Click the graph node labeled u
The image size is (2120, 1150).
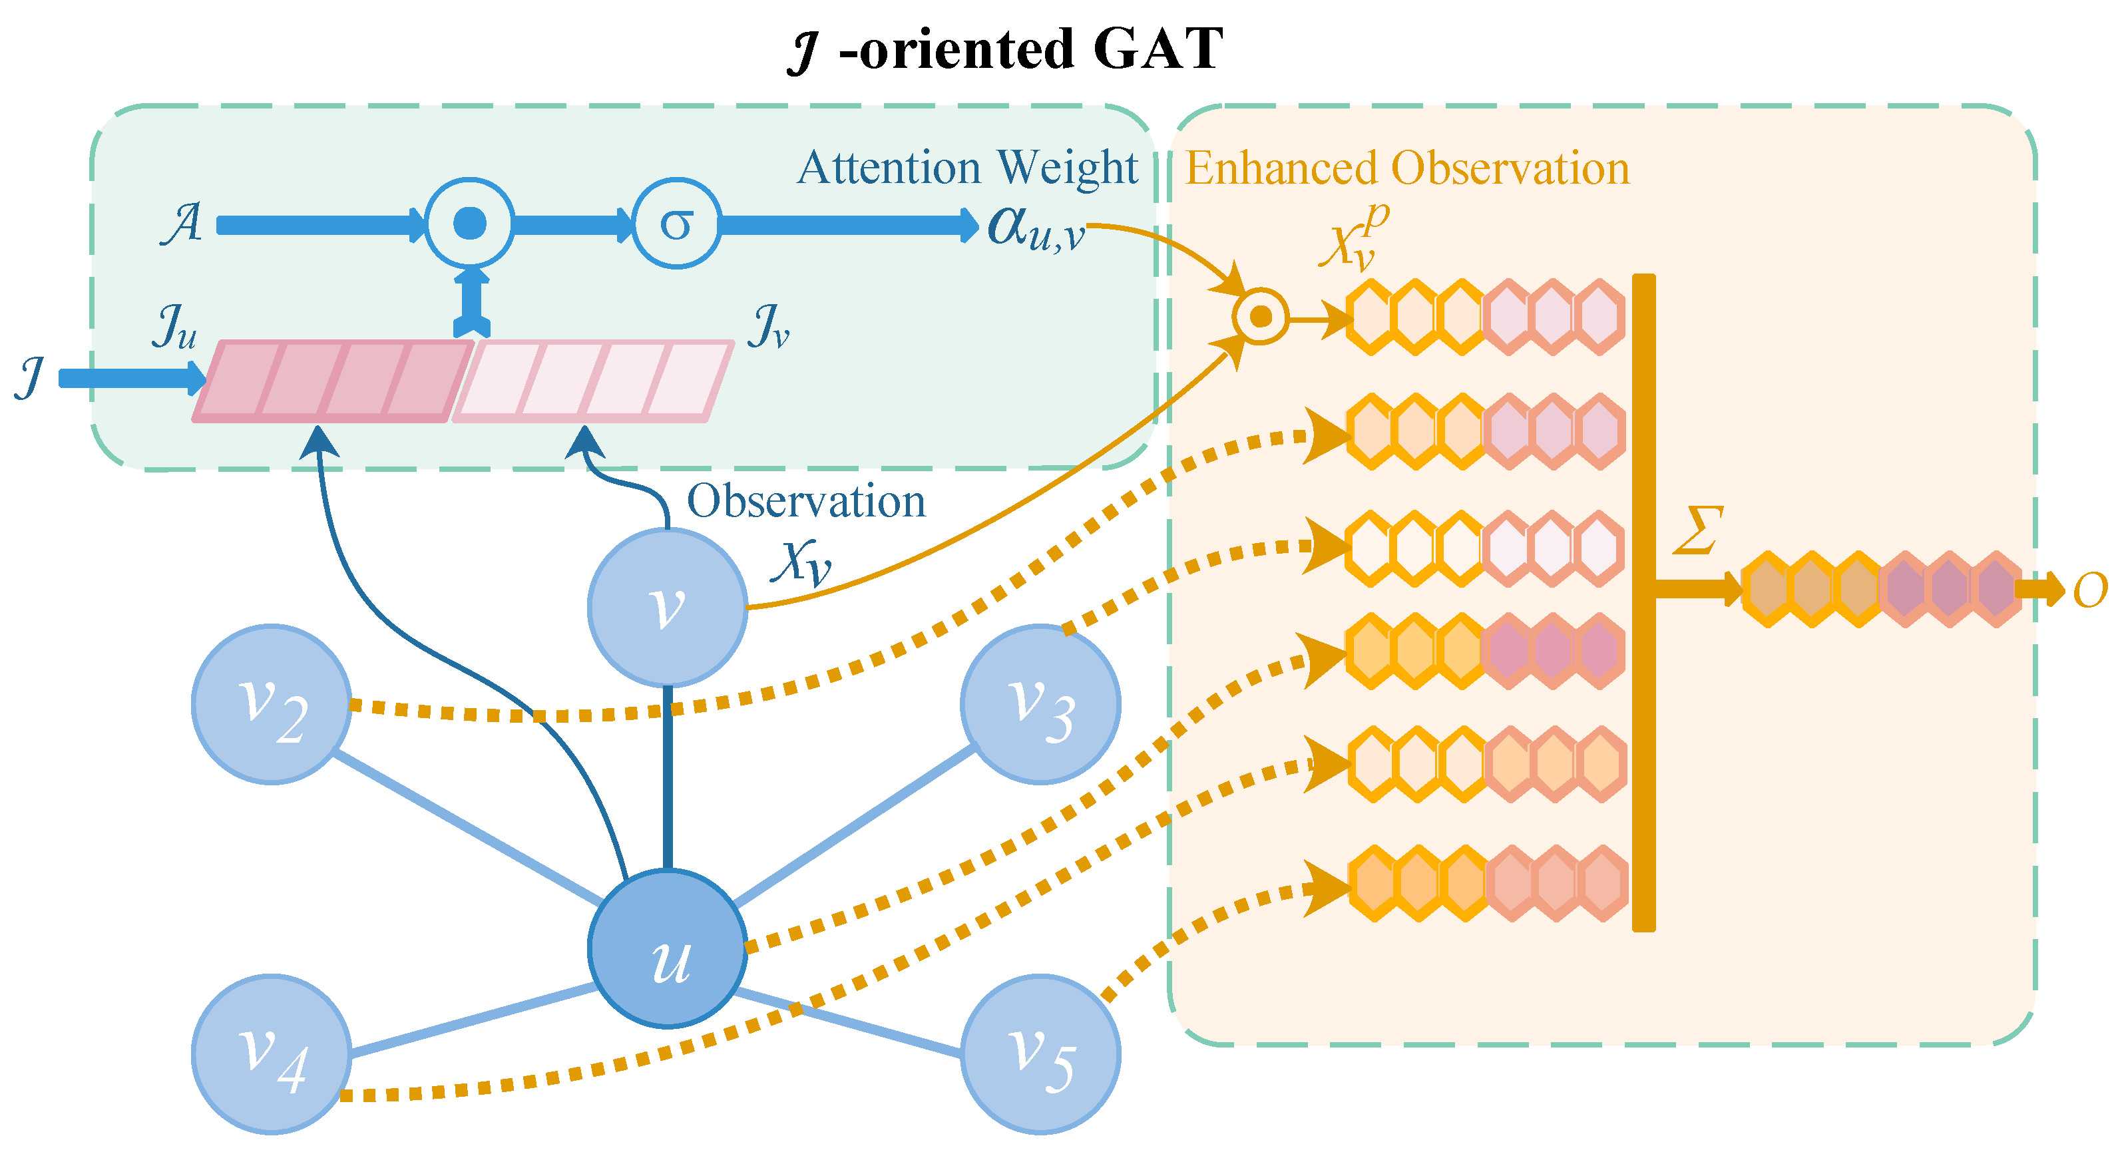[668, 948]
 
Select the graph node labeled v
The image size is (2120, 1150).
[668, 607]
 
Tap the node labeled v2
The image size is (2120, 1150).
[272, 704]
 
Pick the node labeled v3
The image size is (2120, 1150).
[1040, 704]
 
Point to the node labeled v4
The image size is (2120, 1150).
[272, 1054]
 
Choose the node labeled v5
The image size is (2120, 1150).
[1040, 1054]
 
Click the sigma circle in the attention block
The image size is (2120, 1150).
[676, 224]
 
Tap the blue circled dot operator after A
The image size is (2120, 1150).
[470, 223]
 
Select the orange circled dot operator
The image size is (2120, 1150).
[1260, 317]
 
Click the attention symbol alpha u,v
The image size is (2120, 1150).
[1035, 227]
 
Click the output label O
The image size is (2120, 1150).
[2089, 590]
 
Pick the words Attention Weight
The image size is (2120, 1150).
[968, 168]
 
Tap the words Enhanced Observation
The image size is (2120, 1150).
[1406, 168]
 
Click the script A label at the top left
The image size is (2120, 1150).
[182, 223]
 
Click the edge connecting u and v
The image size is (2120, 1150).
[668, 777]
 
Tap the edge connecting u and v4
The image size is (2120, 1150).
[473, 1021]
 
